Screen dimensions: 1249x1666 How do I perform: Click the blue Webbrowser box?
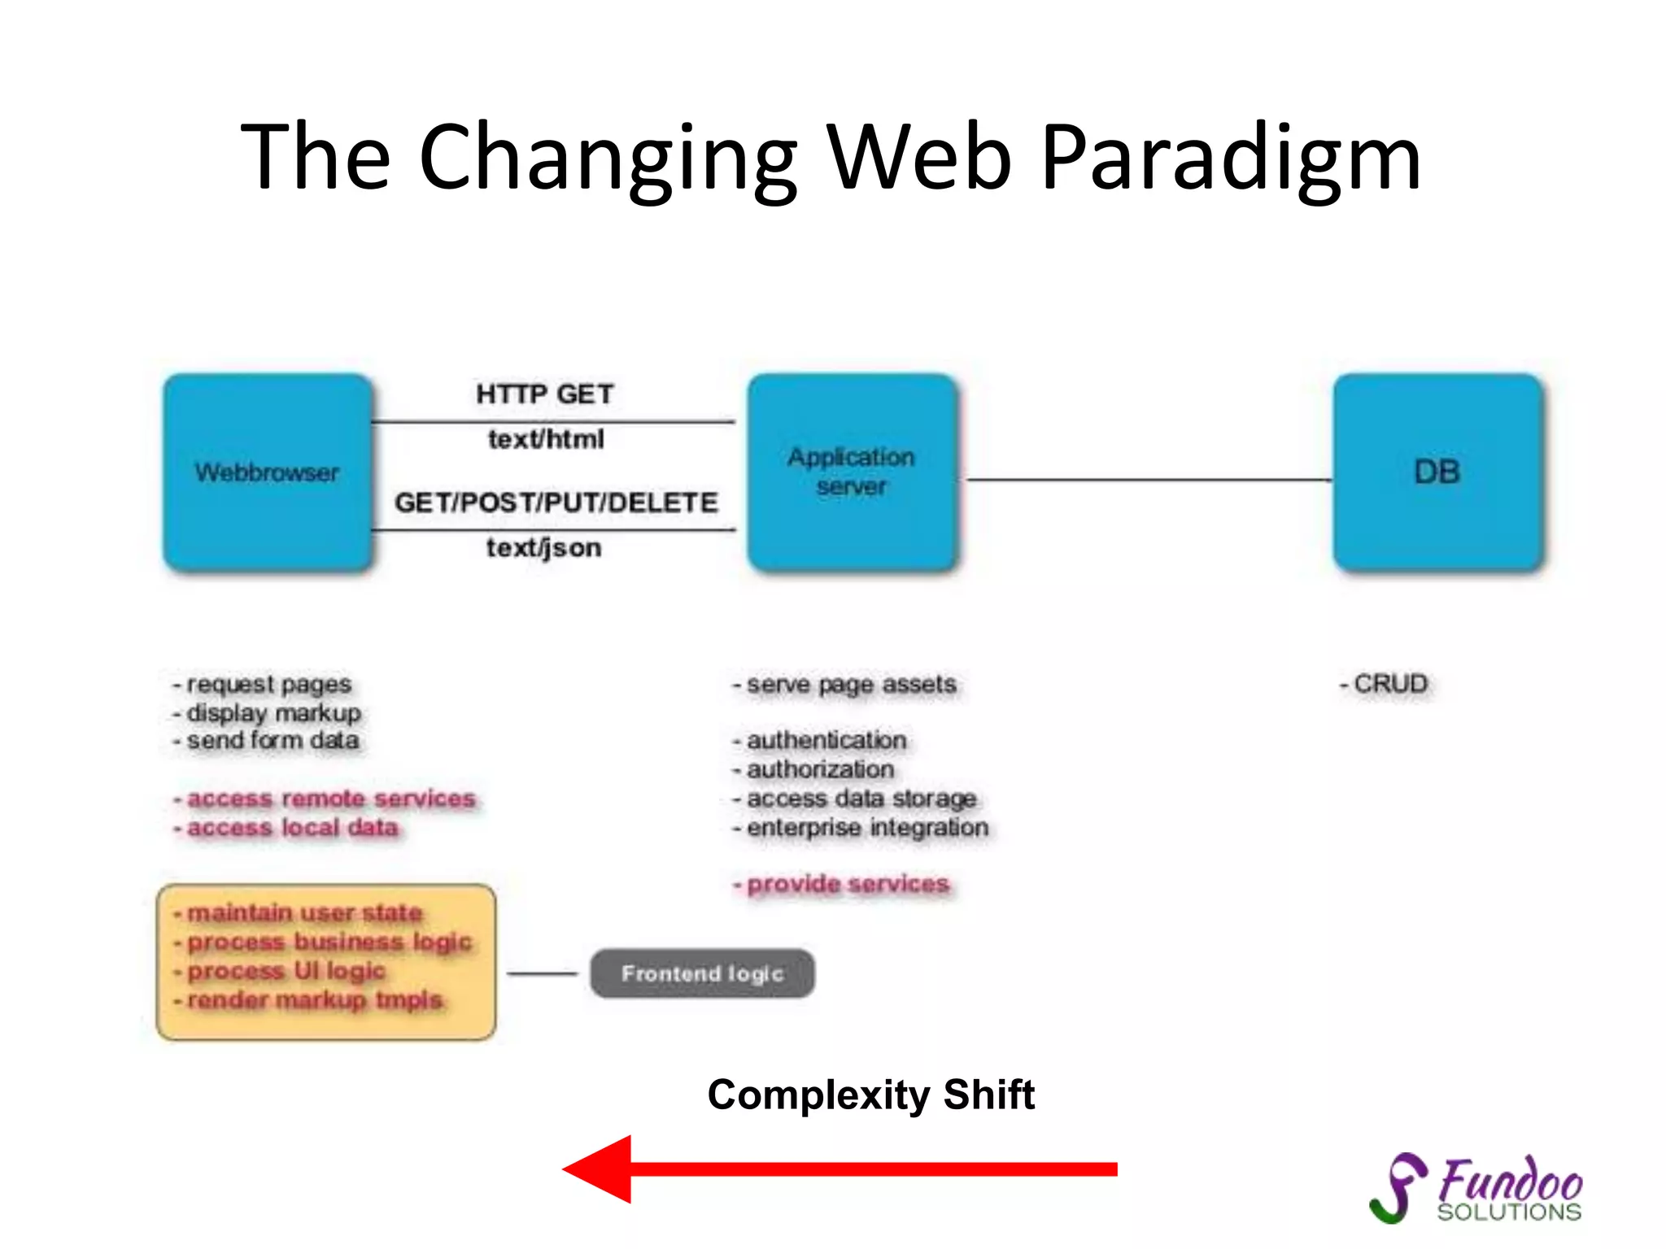(x=268, y=472)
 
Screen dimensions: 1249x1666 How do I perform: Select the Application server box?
(x=852, y=472)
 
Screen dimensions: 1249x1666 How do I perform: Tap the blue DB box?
(x=1437, y=472)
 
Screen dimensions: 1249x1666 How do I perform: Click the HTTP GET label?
(x=544, y=394)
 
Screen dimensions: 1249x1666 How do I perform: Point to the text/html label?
(x=546, y=440)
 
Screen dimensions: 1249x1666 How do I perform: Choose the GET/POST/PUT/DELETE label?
(x=556, y=503)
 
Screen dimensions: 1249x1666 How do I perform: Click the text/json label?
(x=544, y=548)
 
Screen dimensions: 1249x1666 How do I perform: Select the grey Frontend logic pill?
(x=702, y=973)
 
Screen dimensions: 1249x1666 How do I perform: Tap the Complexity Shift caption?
(x=870, y=1095)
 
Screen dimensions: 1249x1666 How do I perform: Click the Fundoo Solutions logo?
(x=1477, y=1188)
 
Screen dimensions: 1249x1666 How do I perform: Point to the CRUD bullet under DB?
(x=1385, y=684)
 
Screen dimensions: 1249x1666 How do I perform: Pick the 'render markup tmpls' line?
(x=309, y=1000)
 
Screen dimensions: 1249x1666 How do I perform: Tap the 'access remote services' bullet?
(x=325, y=799)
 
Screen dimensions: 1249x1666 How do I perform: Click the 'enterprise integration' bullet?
(x=861, y=828)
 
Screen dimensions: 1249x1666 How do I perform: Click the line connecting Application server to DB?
(x=1147, y=480)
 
